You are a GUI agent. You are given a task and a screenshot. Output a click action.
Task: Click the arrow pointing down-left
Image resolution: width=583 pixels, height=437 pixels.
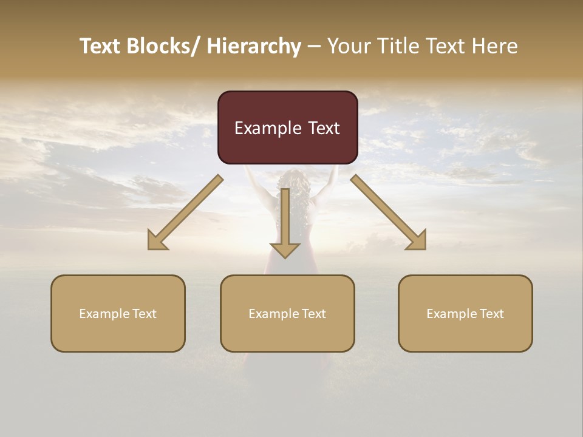tap(185, 212)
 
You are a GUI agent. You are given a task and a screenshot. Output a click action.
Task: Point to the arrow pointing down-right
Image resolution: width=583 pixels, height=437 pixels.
tap(389, 212)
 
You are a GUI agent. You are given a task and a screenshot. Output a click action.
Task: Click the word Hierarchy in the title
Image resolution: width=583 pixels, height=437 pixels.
tap(254, 46)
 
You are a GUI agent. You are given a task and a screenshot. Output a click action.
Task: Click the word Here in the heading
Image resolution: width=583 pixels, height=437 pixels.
tap(496, 46)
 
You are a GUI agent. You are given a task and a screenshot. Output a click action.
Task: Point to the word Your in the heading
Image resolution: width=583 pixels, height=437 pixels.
tap(349, 46)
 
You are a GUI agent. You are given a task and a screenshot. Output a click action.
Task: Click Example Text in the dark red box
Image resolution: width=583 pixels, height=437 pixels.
tap(287, 128)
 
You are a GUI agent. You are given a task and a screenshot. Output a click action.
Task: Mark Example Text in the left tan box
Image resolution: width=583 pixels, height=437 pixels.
tap(118, 314)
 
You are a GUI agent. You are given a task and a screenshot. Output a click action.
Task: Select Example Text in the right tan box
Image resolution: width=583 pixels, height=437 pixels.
tap(465, 314)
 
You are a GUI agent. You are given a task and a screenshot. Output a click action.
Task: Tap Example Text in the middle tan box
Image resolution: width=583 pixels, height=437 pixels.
tap(287, 314)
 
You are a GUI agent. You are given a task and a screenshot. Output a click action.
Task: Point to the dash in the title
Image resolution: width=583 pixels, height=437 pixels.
tap(314, 46)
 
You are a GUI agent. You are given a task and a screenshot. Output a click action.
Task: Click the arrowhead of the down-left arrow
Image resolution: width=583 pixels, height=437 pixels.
tap(155, 242)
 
